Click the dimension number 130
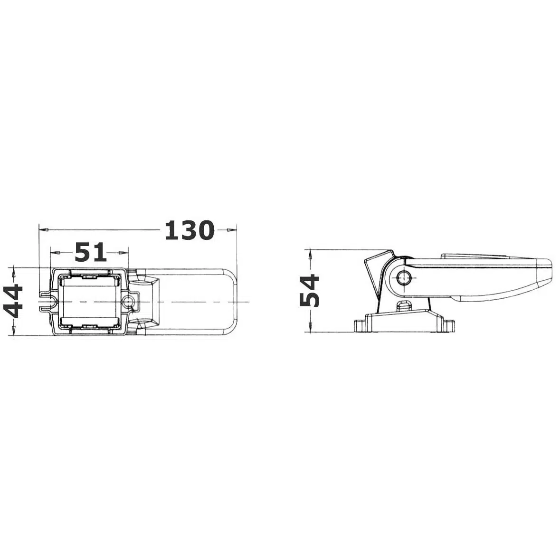[190, 230]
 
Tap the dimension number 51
[91, 252]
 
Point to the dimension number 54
[309, 291]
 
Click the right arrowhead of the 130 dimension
[232, 230]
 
